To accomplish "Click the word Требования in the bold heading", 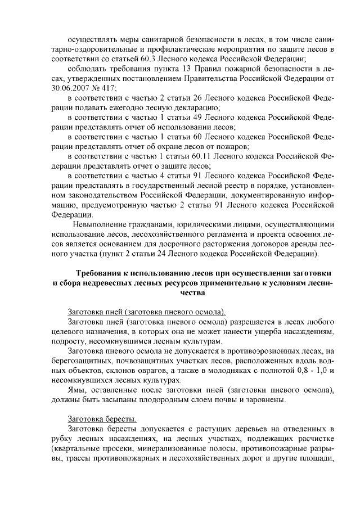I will [x=101, y=274].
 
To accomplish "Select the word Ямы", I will [x=76, y=391].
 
